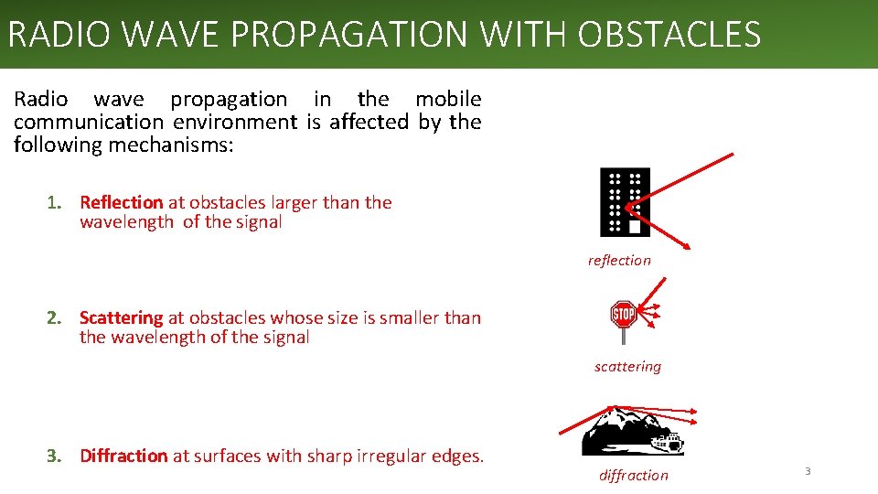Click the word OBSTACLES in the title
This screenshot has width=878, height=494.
click(x=669, y=35)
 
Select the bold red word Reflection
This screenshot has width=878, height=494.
click(x=121, y=202)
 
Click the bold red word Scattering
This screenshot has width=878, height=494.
click(x=121, y=317)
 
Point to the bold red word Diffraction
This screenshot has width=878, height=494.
click(x=123, y=456)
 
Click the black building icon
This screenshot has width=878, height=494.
click(x=625, y=202)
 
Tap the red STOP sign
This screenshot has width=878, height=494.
click(x=623, y=316)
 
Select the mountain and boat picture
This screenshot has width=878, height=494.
click(x=632, y=432)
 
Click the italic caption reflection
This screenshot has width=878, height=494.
click(x=619, y=261)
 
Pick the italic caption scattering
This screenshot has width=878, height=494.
click(x=627, y=367)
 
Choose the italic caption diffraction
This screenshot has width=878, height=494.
click(x=633, y=476)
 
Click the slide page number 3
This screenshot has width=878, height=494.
click(x=808, y=471)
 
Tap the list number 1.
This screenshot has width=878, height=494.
click(x=54, y=202)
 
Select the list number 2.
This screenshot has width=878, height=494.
click(x=54, y=317)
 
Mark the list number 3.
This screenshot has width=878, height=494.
click(x=54, y=456)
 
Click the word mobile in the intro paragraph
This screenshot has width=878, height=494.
click(x=448, y=99)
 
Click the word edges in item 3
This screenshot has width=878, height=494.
click(x=456, y=456)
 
